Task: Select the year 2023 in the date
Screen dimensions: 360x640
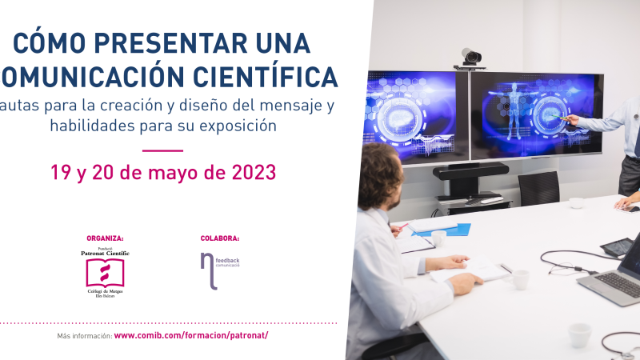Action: click(248, 171)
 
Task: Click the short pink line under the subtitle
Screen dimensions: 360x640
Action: click(162, 150)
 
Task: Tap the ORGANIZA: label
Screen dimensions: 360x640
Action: click(105, 238)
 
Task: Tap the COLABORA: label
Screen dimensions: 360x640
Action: click(220, 238)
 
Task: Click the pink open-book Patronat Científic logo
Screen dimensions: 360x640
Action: click(105, 273)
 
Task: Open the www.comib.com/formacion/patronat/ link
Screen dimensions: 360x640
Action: click(191, 335)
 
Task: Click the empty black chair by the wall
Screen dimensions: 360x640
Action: click(538, 188)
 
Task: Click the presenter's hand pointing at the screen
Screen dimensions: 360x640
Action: click(569, 119)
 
